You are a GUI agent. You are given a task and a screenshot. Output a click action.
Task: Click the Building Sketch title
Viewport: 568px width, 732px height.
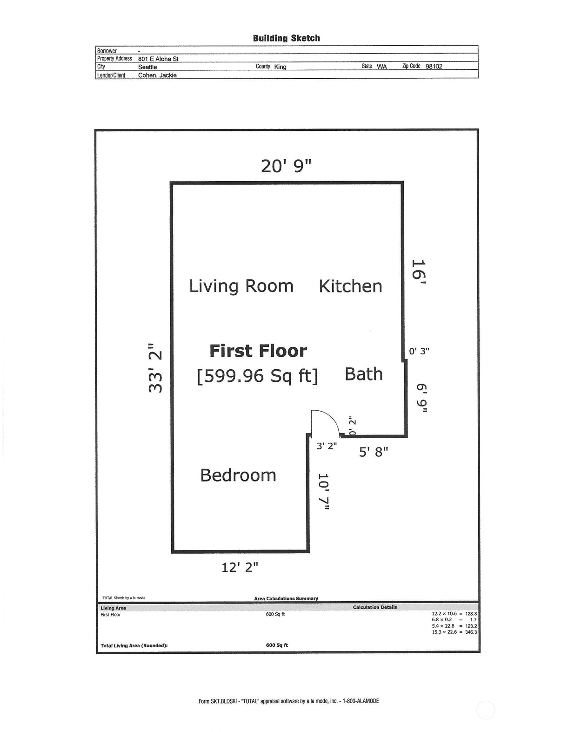click(286, 38)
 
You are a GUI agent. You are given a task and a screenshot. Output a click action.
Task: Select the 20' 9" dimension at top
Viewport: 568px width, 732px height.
click(286, 166)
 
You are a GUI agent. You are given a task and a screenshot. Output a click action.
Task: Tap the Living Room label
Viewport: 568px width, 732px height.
click(241, 286)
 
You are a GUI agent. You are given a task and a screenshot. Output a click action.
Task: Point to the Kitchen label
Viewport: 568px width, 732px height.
click(350, 286)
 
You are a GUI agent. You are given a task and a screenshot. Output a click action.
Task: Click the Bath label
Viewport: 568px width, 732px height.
click(363, 374)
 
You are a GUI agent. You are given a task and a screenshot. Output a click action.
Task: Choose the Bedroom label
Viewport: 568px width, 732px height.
click(238, 475)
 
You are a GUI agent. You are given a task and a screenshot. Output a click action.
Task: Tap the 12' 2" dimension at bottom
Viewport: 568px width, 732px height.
click(240, 567)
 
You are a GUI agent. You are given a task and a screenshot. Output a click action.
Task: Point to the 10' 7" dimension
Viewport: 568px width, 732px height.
click(323, 492)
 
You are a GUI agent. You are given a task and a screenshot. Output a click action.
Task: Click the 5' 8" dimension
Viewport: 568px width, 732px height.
click(373, 452)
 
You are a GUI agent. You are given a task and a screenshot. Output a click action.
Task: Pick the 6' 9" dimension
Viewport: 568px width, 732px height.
click(421, 398)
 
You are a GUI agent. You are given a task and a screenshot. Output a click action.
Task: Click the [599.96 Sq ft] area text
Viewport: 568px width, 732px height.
click(257, 376)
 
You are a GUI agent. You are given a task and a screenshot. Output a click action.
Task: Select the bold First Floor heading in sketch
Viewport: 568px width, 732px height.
click(258, 351)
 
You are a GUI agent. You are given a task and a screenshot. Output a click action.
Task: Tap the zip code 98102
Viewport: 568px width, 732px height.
click(434, 66)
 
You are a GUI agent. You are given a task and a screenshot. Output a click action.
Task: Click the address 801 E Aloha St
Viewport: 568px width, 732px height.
click(158, 59)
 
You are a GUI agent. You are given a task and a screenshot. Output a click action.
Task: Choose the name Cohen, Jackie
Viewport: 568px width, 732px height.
click(157, 75)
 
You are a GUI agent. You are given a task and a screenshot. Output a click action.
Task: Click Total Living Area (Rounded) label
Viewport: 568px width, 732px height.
click(134, 646)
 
